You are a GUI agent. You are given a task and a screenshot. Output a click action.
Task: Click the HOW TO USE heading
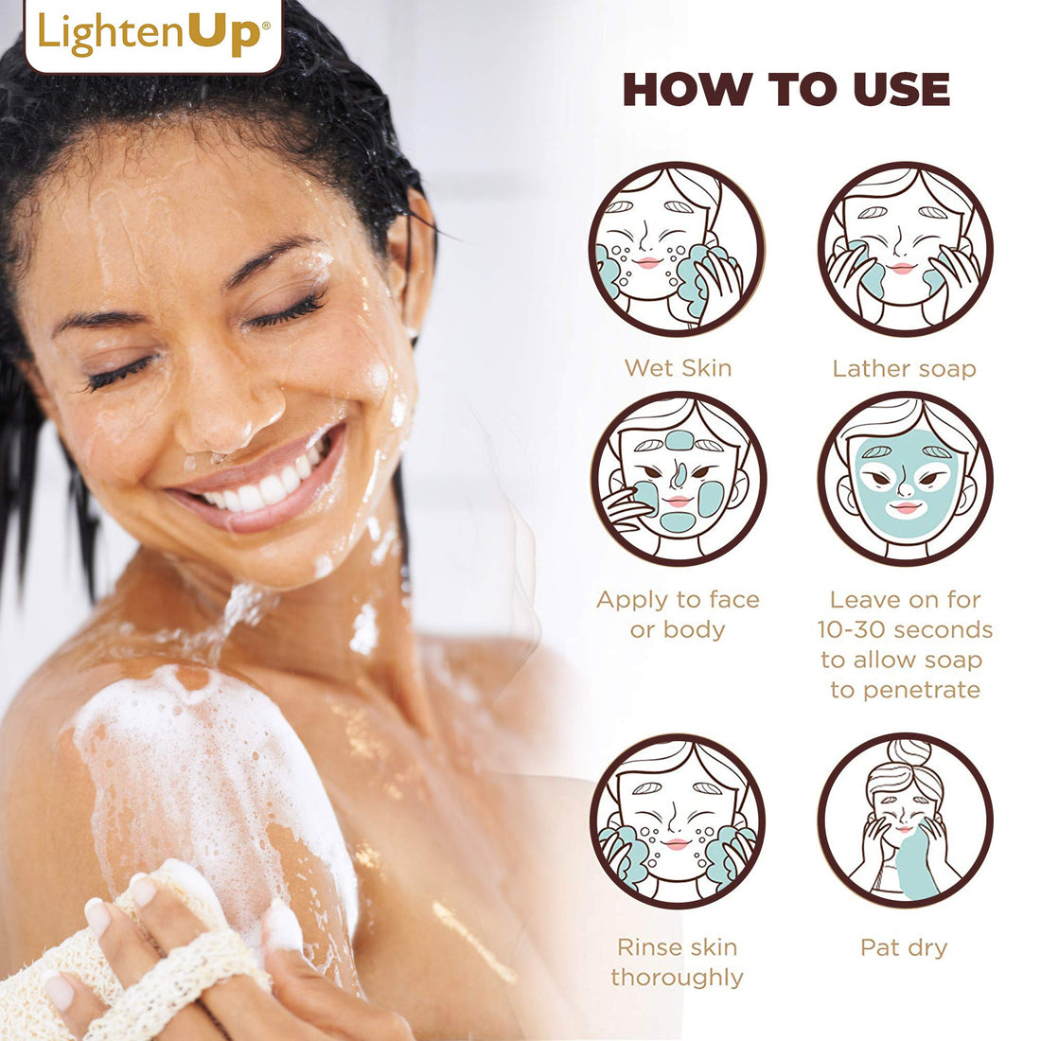[786, 90]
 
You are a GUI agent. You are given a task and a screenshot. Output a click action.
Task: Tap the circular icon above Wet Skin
[677, 249]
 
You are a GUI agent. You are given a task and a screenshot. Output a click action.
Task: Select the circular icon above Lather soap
[905, 249]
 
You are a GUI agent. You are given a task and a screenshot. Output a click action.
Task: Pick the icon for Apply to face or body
[678, 479]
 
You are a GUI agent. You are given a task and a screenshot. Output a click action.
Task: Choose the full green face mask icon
[905, 479]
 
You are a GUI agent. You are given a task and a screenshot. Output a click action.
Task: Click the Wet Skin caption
[678, 368]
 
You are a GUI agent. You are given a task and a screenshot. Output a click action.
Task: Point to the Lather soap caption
[904, 368]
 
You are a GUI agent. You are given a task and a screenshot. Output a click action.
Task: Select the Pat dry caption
[904, 947]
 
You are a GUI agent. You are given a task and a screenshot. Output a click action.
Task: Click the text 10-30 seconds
[905, 629]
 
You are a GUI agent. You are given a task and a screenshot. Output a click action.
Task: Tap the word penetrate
[905, 690]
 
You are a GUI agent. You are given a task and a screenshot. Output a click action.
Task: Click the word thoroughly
[677, 978]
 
